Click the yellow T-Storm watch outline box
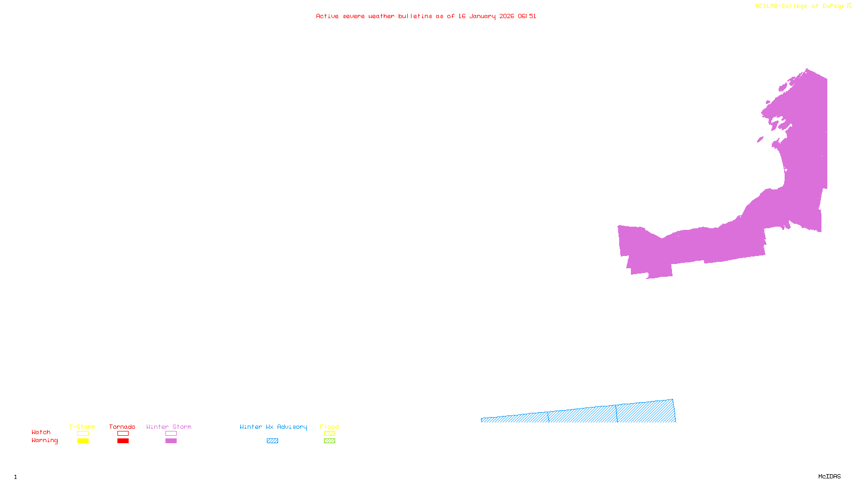pos(83,434)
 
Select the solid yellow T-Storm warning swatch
pos(83,441)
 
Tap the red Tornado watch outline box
pos(123,434)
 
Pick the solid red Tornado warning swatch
pos(123,441)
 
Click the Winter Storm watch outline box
pos(171,434)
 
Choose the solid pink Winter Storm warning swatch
pos(171,441)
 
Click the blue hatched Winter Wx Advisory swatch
pos(272,441)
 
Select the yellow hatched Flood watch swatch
pos(329,434)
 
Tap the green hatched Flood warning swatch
pos(329,441)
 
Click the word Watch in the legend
pos(41,433)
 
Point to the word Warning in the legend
pos(45,441)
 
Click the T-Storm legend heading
pos(82,427)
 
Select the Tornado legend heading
pos(122,427)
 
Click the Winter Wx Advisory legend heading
pos(273,427)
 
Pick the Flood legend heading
pos(329,427)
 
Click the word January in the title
pos(483,17)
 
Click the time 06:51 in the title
pos(527,17)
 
